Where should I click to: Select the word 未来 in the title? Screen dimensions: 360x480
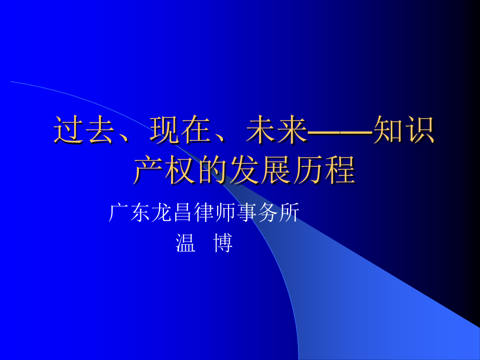(x=276, y=130)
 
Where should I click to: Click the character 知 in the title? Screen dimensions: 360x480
(x=388, y=130)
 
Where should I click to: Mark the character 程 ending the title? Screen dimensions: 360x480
(x=340, y=170)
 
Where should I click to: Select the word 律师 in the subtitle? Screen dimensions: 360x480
(x=215, y=213)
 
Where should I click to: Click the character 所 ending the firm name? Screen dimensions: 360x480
(x=290, y=213)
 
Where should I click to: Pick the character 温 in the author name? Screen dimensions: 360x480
(x=186, y=243)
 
